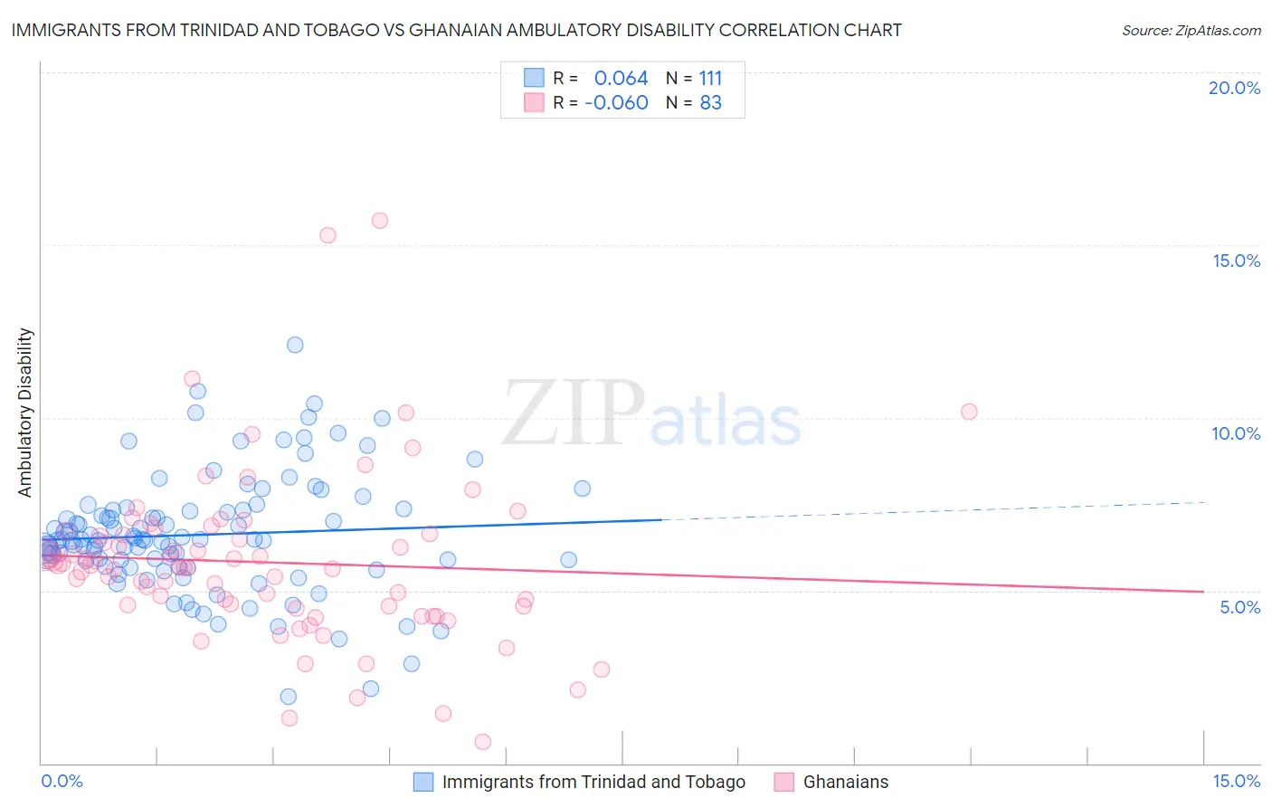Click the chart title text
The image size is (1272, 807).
(x=456, y=30)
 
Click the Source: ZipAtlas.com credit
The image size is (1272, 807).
(x=1191, y=30)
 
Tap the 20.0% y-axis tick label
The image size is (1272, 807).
(x=1234, y=88)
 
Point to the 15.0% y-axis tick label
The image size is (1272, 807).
(x=1236, y=261)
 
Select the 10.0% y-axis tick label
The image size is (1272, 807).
(x=1236, y=433)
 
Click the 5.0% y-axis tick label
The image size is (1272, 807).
(x=1239, y=607)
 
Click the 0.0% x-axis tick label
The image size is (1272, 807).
(x=62, y=781)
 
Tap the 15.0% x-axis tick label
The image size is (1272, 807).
(x=1236, y=781)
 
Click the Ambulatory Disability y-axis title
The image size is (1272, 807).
(x=25, y=413)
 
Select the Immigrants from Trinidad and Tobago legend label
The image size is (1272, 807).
(x=593, y=782)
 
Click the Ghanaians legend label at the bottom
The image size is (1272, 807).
(x=846, y=782)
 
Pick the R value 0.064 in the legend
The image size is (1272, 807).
(x=621, y=78)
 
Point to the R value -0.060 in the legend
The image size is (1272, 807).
(x=616, y=102)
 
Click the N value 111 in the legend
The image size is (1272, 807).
(x=710, y=78)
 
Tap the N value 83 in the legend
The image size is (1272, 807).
(x=710, y=102)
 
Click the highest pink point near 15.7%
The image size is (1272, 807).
(x=380, y=221)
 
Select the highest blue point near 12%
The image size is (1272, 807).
(x=295, y=345)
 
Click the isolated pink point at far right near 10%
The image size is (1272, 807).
(x=969, y=412)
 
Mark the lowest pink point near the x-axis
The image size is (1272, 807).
(x=483, y=742)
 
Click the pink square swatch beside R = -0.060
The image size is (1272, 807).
(x=534, y=102)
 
